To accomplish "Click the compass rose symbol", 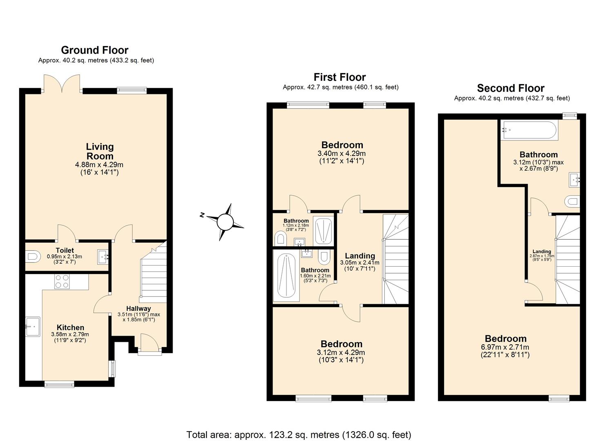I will tap(224, 222).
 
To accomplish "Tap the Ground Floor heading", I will tap(95, 50).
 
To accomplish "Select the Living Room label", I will tap(100, 151).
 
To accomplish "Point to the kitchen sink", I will tap(33, 326).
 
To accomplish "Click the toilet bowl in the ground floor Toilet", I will tap(32, 257).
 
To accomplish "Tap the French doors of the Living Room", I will tap(62, 83).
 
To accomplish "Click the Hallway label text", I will tap(138, 309).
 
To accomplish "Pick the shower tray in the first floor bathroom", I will tap(324, 232).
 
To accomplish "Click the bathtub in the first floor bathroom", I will tap(286, 276).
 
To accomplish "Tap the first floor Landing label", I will tap(360, 256).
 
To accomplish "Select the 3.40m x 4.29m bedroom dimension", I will tap(342, 154).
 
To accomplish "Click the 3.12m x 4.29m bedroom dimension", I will tap(341, 352).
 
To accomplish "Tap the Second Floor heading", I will tap(511, 88).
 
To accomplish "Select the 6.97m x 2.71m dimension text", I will tap(505, 347).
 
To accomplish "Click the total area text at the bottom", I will tap(299, 434).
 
